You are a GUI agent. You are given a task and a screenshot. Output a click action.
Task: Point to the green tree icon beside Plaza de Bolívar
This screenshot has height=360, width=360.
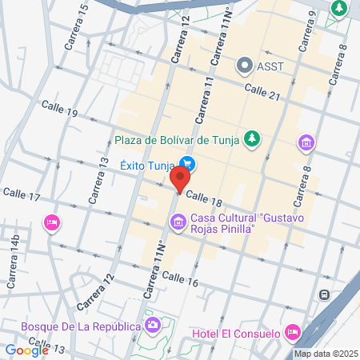[253, 139]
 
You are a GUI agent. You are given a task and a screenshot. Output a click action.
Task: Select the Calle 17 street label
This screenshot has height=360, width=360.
[22, 194]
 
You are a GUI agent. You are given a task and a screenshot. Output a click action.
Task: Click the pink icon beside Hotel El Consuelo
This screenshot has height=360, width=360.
[292, 331]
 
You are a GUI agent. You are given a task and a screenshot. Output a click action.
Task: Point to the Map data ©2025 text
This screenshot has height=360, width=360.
[325, 354]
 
